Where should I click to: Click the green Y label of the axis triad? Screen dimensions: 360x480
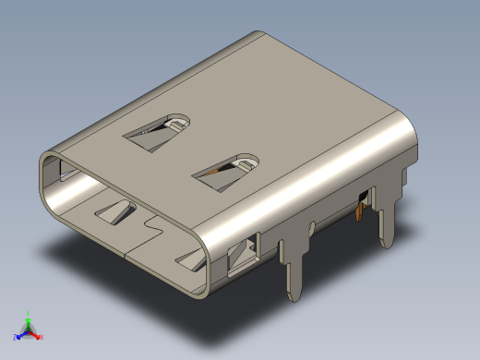30,313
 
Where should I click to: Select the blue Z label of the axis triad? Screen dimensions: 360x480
16,337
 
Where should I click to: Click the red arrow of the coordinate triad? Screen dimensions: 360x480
37,334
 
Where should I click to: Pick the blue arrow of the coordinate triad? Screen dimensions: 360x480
21,334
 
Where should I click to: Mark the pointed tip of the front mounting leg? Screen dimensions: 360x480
296,297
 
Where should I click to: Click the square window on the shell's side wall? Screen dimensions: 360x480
244,254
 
